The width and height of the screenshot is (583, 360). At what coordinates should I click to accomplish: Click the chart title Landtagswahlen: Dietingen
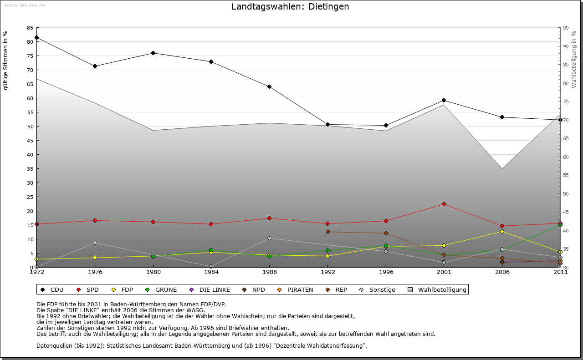click(x=290, y=7)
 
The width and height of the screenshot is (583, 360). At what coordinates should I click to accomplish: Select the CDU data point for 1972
click(x=36, y=37)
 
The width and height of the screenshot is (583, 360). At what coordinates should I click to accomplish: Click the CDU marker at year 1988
click(x=270, y=86)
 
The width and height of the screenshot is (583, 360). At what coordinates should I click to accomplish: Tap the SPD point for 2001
click(x=444, y=204)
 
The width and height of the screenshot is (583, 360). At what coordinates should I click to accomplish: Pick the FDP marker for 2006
click(x=502, y=231)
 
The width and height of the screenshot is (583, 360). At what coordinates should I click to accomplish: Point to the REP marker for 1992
click(x=327, y=232)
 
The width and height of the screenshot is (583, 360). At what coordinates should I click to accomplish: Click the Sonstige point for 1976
click(x=95, y=243)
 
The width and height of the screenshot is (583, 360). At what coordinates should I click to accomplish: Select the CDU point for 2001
click(x=444, y=100)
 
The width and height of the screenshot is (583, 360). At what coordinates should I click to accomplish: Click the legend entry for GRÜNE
click(x=162, y=289)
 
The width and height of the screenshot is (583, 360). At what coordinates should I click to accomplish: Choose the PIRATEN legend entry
click(x=296, y=289)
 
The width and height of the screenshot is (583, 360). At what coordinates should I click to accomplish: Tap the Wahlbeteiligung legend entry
click(x=437, y=289)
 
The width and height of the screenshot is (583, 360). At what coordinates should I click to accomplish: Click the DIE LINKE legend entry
click(x=210, y=289)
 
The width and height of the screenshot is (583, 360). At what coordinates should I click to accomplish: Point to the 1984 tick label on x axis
click(x=211, y=272)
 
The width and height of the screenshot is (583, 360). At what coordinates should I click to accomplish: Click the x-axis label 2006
click(x=502, y=272)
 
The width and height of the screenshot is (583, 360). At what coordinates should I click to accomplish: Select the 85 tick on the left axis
click(x=30, y=28)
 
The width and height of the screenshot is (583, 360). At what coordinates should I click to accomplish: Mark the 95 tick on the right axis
click(x=566, y=28)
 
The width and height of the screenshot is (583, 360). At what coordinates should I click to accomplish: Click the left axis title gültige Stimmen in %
click(x=6, y=61)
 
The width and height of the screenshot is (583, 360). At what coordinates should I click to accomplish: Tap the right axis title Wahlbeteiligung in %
click(x=574, y=60)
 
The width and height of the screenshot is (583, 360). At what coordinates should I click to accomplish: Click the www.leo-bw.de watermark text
click(x=25, y=5)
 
